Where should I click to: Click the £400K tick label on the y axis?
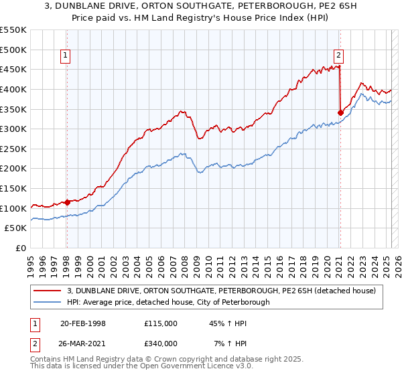pos(13,89)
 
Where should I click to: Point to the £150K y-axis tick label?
pos(13,188)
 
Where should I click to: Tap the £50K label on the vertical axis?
pos(15,228)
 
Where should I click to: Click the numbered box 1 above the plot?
pos(66,56)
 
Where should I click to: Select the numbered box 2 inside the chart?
pos(339,56)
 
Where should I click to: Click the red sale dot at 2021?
pos(340,112)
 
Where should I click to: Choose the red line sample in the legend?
pos(48,291)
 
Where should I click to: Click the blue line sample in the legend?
pos(48,302)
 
